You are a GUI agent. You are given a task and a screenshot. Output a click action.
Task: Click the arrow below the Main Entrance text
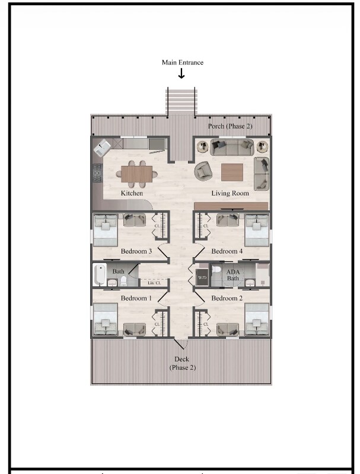click(x=181, y=73)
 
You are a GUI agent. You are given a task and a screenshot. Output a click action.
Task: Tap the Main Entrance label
click(x=183, y=62)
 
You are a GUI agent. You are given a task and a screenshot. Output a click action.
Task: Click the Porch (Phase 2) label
click(x=230, y=127)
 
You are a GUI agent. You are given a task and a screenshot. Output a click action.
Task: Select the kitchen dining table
click(x=137, y=174)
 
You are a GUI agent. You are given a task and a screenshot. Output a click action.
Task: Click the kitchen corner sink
click(x=102, y=148)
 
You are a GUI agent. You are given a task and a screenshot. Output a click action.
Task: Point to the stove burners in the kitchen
click(x=97, y=174)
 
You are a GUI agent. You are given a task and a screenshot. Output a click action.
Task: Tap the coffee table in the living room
click(x=232, y=172)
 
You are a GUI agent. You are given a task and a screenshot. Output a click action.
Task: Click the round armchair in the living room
click(x=203, y=171)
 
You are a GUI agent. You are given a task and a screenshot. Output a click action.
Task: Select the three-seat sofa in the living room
click(x=232, y=146)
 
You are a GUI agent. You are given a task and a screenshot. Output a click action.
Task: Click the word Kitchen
click(x=132, y=193)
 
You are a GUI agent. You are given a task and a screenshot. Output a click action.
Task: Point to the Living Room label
click(x=230, y=193)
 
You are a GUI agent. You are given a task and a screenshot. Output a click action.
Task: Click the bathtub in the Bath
click(x=100, y=276)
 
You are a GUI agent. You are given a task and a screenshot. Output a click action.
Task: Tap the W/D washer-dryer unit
click(x=202, y=277)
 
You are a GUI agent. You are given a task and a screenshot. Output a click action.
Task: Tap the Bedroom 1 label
click(x=134, y=298)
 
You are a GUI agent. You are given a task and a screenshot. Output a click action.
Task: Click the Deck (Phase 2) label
click(x=181, y=363)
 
